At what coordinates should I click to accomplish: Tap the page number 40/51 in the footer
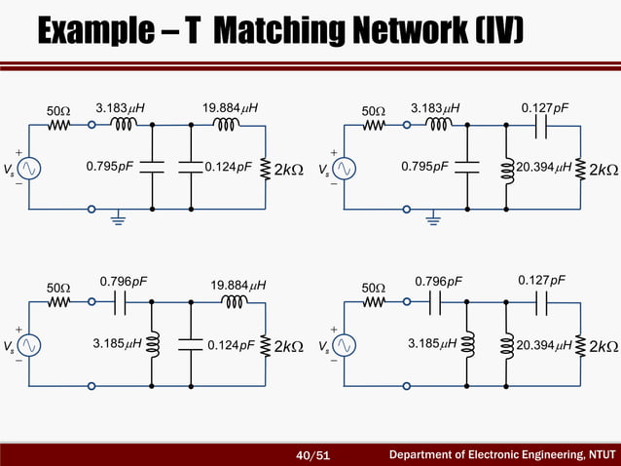click(313, 453)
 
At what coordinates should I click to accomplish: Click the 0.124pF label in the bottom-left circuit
click(230, 343)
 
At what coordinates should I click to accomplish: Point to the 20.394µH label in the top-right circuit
click(544, 167)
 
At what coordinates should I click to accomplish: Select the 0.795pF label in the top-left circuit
click(110, 167)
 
